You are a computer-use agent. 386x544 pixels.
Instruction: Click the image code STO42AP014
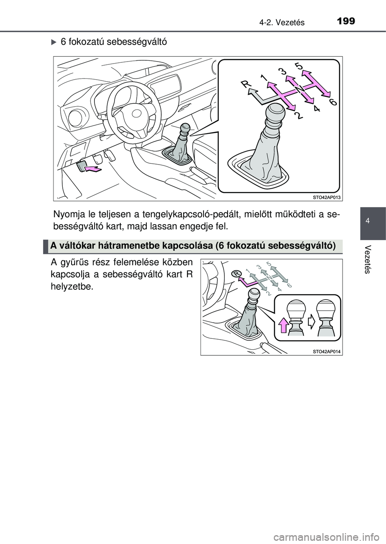tap(326, 352)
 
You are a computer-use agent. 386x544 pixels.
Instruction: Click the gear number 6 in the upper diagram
tap(333, 103)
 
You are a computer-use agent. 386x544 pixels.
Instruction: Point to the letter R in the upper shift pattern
tap(246, 84)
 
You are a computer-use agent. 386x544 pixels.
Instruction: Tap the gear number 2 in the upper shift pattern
tap(298, 116)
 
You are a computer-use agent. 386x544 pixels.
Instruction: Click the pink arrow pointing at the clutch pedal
tap(92, 169)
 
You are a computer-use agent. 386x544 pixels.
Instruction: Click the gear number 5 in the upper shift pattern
tap(299, 65)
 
